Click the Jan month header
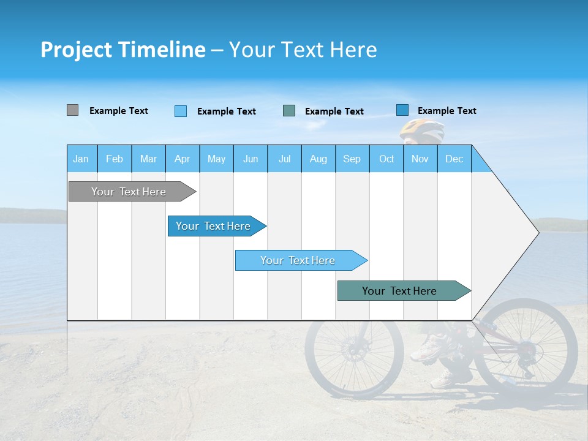click(x=81, y=159)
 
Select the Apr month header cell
click(x=182, y=159)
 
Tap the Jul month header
click(x=284, y=159)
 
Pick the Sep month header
click(x=352, y=159)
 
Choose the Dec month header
click(x=454, y=159)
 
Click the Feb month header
click(x=115, y=159)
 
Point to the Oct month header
click(x=386, y=159)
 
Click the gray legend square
click(x=72, y=110)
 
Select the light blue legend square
click(x=181, y=111)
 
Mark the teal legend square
click(x=289, y=110)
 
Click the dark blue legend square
click(x=402, y=110)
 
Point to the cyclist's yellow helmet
click(x=422, y=129)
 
